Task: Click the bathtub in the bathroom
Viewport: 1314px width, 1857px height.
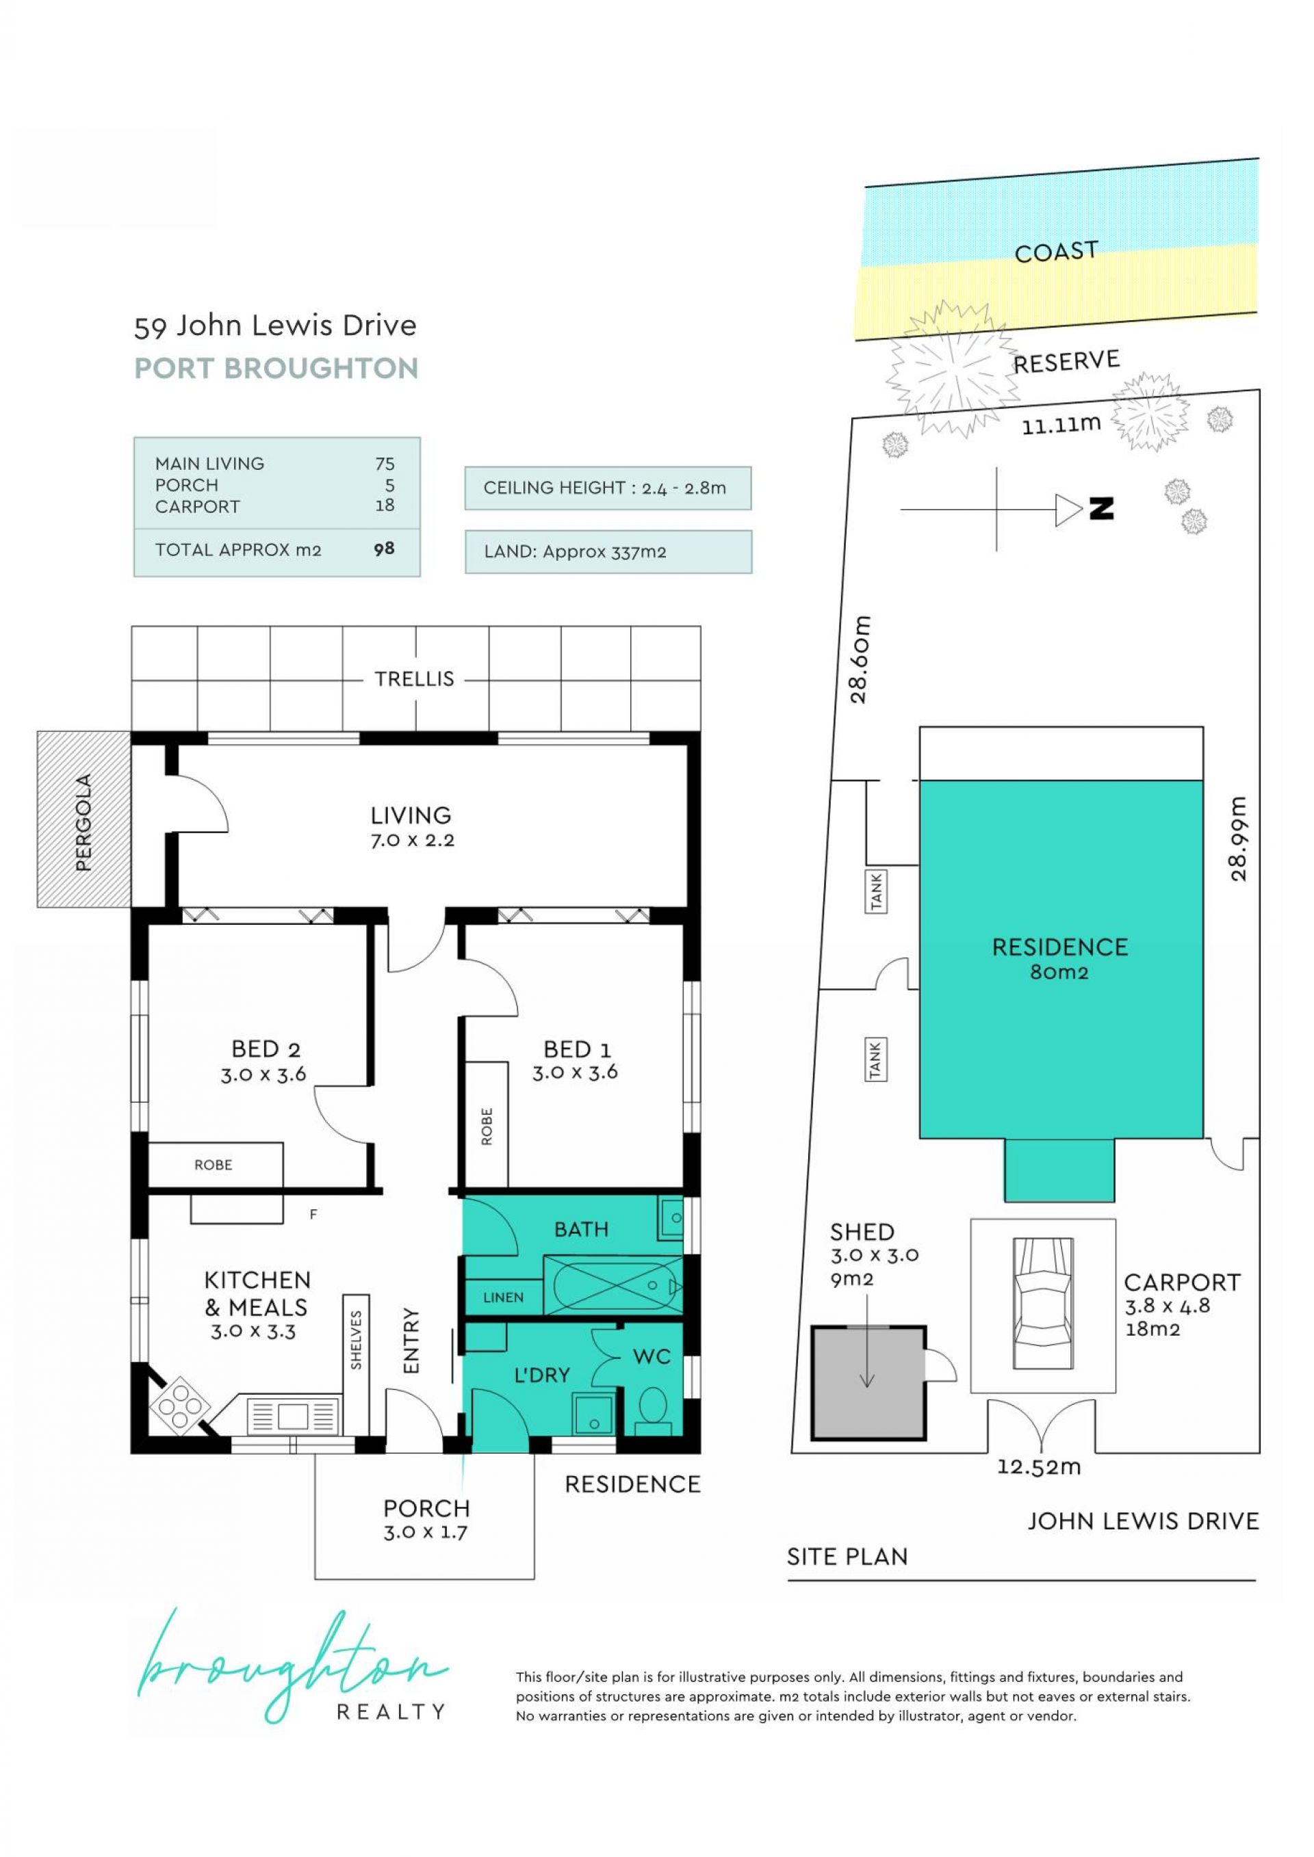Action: click(x=613, y=1285)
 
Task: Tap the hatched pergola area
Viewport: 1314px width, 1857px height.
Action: click(x=83, y=819)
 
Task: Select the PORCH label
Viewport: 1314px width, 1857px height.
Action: click(x=426, y=1507)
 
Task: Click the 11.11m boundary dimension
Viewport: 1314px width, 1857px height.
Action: click(x=1061, y=424)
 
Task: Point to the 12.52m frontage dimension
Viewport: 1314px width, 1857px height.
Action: click(x=1039, y=1466)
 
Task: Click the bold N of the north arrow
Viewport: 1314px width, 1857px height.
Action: click(x=1101, y=509)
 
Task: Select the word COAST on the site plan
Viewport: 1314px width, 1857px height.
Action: click(x=1056, y=252)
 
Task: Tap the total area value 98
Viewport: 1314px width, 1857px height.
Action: click(x=385, y=549)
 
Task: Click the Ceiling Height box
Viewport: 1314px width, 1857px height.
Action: click(x=608, y=488)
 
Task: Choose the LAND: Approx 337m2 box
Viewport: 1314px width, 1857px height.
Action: click(x=608, y=551)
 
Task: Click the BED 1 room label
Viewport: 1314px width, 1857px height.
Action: click(x=577, y=1049)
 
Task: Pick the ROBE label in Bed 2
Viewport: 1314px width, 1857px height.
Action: click(x=213, y=1165)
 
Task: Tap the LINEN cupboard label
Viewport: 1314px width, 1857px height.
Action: click(x=503, y=1298)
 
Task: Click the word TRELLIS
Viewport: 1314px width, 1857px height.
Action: click(x=414, y=679)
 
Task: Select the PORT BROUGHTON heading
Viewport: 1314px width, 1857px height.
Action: click(x=276, y=368)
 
